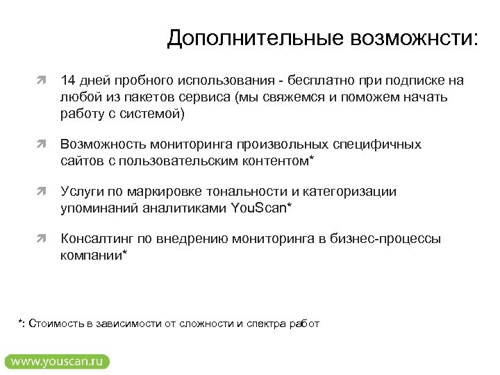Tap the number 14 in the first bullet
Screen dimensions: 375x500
(68, 81)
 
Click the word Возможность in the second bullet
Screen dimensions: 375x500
(102, 144)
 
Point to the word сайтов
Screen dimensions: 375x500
(81, 160)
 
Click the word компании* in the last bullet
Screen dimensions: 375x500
(94, 256)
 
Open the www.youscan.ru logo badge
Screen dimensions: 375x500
(57, 361)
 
